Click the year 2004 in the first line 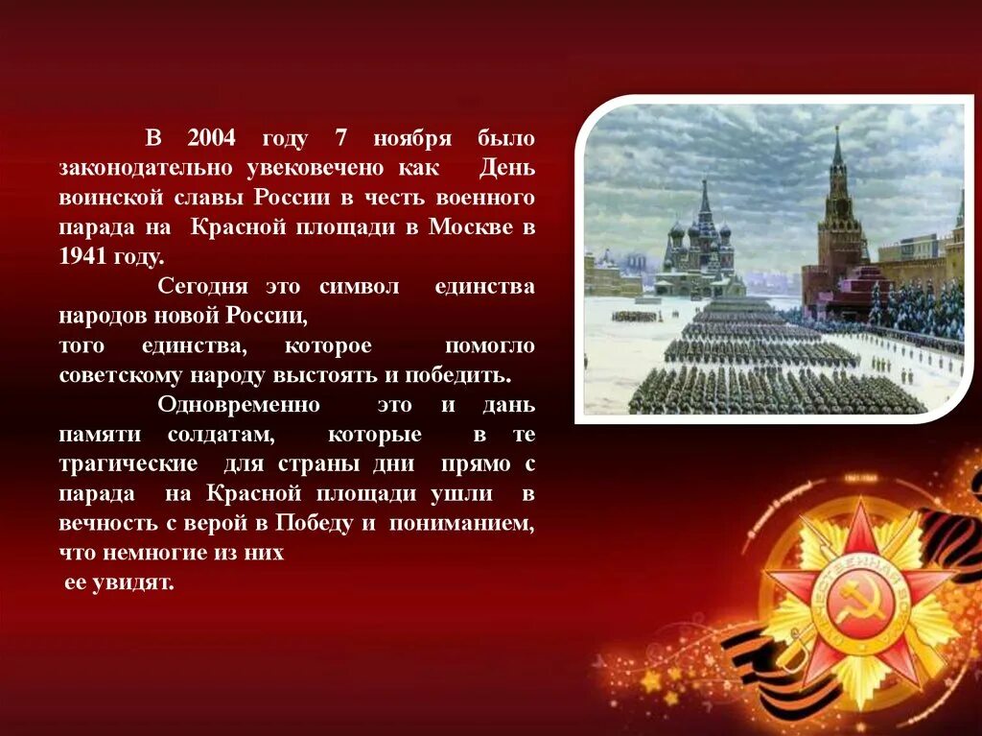tap(210, 139)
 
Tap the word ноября tap(412, 139)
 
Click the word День tap(507, 169)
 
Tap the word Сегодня tap(202, 287)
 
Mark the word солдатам tap(222, 435)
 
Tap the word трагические tap(129, 464)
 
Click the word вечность tap(104, 524)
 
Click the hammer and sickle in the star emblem tap(856, 604)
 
